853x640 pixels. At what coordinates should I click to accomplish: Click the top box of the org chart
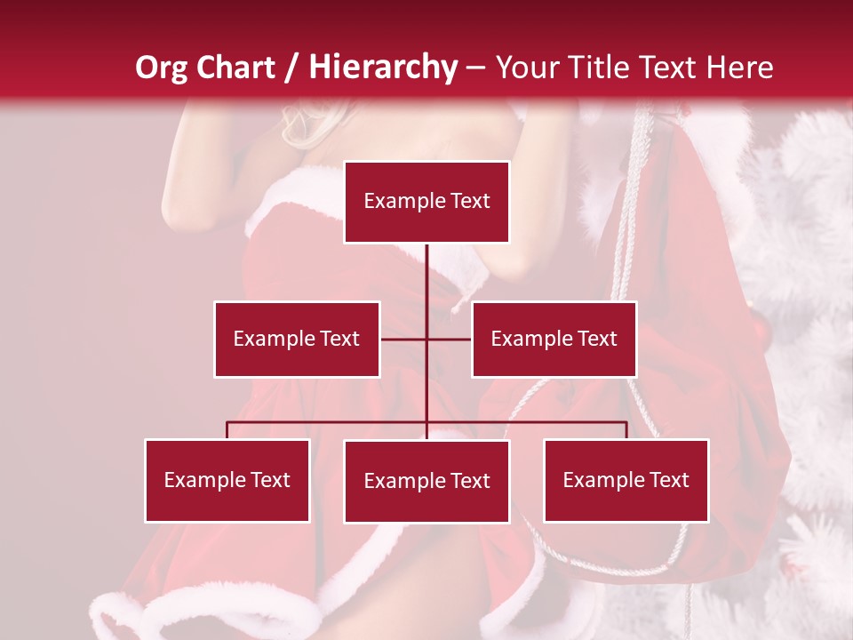pyautogui.click(x=426, y=202)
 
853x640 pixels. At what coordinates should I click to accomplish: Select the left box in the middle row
pyautogui.click(x=297, y=339)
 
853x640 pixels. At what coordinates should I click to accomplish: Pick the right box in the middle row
pyautogui.click(x=554, y=339)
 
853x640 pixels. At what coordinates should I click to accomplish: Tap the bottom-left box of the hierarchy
pyautogui.click(x=227, y=480)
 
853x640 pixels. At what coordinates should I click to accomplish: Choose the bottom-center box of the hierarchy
pyautogui.click(x=426, y=481)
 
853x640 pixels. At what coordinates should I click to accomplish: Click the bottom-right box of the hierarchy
pyautogui.click(x=626, y=480)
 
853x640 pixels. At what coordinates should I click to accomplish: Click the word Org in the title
pyautogui.click(x=160, y=68)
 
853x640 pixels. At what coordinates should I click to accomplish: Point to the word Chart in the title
pyautogui.click(x=234, y=68)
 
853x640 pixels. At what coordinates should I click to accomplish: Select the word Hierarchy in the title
pyautogui.click(x=383, y=68)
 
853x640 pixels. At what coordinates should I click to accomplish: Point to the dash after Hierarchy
pyautogui.click(x=475, y=68)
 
